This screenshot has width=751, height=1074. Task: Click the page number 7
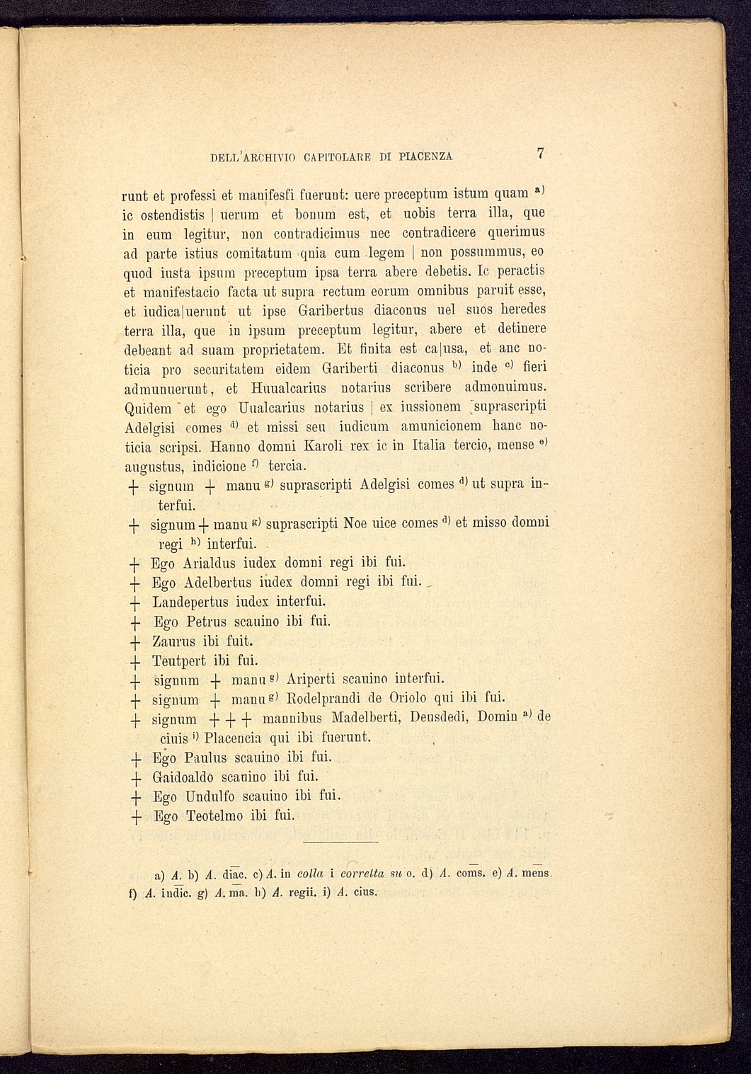541,153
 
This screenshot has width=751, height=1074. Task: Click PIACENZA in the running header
425,156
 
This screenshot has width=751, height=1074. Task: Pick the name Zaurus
173,642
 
